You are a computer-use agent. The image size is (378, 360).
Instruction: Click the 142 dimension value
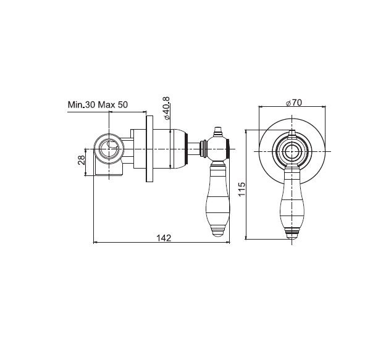pyautogui.click(x=164, y=238)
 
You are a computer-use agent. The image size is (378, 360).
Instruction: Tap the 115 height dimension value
pyautogui.click(x=241, y=189)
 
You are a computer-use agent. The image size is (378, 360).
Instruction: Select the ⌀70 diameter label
pyautogui.click(x=293, y=103)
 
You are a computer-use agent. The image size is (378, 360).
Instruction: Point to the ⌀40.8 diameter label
pyautogui.click(x=166, y=108)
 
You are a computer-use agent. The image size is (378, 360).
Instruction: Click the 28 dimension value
pyautogui.click(x=82, y=160)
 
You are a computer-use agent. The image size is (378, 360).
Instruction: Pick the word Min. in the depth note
pyautogui.click(x=76, y=105)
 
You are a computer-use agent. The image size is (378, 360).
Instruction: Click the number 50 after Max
pyautogui.click(x=123, y=105)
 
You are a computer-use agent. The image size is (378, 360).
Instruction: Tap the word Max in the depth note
pyautogui.click(x=106, y=105)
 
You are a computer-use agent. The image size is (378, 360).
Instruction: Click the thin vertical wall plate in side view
pyautogui.click(x=149, y=149)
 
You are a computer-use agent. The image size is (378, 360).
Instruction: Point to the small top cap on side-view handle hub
pyautogui.click(x=219, y=130)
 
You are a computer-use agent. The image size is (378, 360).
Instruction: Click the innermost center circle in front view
pyautogui.click(x=292, y=151)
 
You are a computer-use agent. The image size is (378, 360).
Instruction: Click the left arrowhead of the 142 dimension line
pyautogui.click(x=95, y=243)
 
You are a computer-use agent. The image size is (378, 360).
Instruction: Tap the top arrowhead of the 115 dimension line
pyautogui.click(x=246, y=132)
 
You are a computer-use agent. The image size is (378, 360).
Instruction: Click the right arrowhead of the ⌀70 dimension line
pyautogui.click(x=324, y=106)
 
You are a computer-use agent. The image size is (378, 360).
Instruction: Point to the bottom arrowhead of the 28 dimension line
pyautogui.click(x=85, y=174)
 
